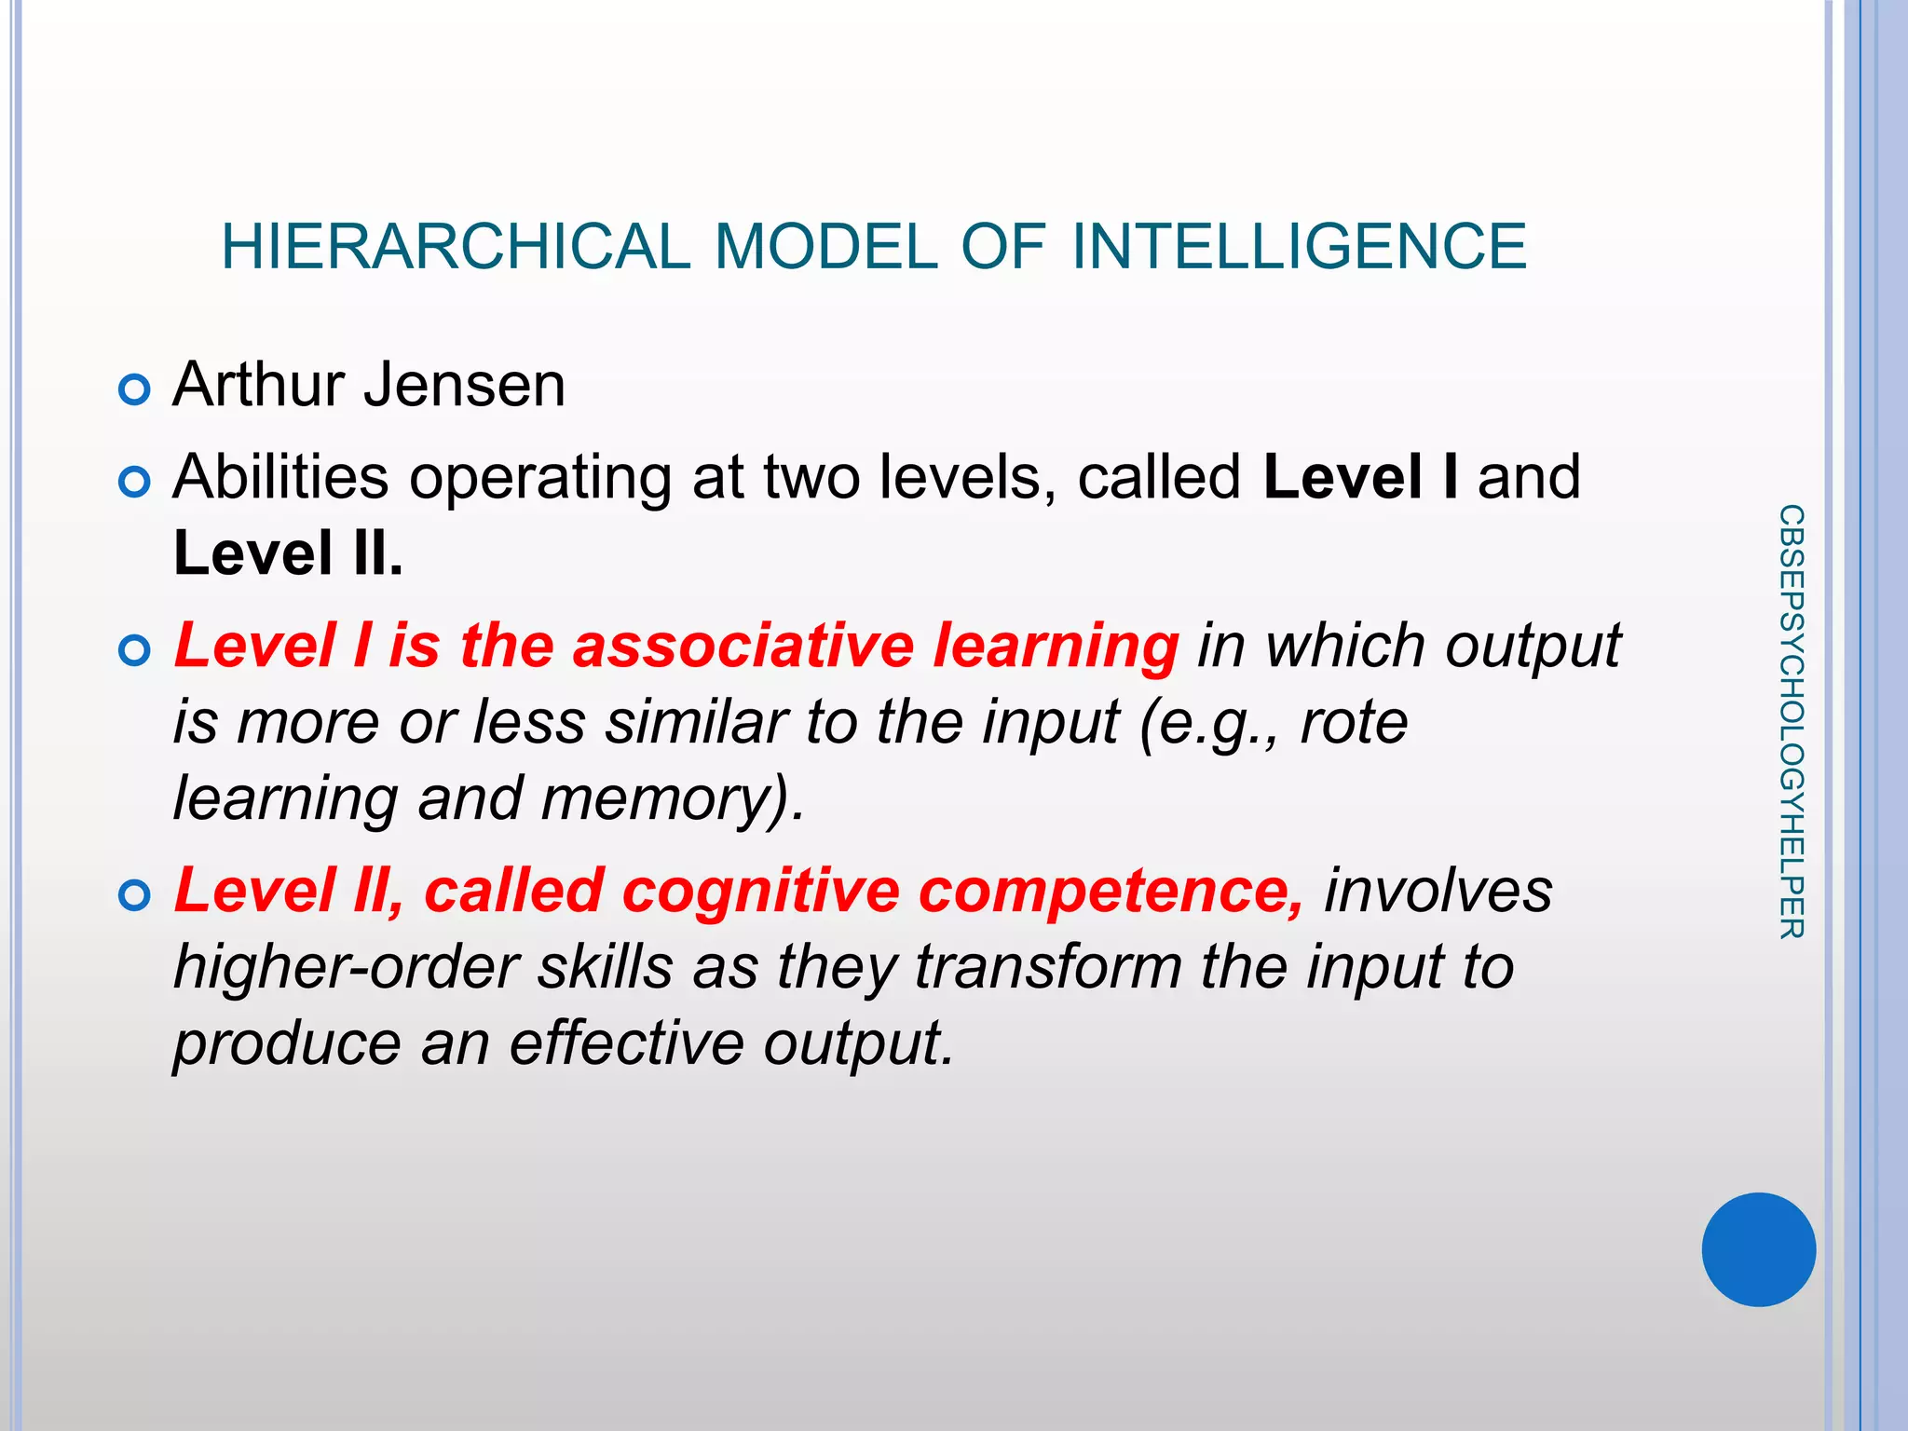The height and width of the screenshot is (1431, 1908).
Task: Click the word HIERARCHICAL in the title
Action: [456, 247]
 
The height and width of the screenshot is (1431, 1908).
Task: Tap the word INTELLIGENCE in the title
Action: [1300, 247]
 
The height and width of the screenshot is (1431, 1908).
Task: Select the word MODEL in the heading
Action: [825, 247]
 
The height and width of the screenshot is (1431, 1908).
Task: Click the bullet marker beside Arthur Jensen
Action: [135, 389]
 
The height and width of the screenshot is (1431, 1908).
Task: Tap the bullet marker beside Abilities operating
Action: [135, 482]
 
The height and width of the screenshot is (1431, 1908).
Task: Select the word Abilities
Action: [280, 477]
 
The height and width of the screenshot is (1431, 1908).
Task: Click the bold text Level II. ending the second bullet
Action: [288, 553]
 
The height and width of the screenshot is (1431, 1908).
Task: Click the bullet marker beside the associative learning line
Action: [135, 650]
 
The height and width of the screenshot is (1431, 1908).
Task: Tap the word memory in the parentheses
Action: [653, 799]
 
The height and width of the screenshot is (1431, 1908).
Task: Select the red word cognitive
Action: [760, 891]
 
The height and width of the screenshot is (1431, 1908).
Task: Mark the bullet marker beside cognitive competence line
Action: [135, 895]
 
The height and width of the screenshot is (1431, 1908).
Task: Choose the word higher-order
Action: [346, 967]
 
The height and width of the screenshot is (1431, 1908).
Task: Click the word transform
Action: [1048, 967]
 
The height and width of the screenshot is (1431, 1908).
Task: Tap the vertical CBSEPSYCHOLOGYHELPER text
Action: [1791, 722]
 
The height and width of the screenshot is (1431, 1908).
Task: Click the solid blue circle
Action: [1758, 1249]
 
